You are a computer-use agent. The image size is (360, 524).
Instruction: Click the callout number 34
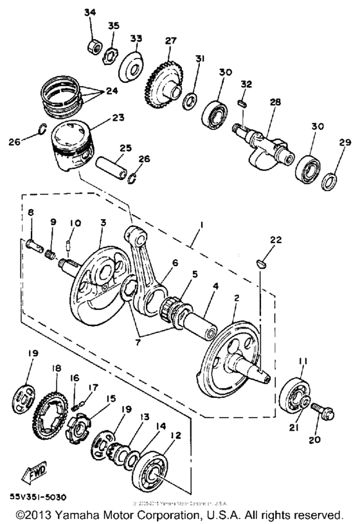click(89, 12)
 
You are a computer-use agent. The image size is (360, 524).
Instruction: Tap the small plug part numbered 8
click(34, 244)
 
